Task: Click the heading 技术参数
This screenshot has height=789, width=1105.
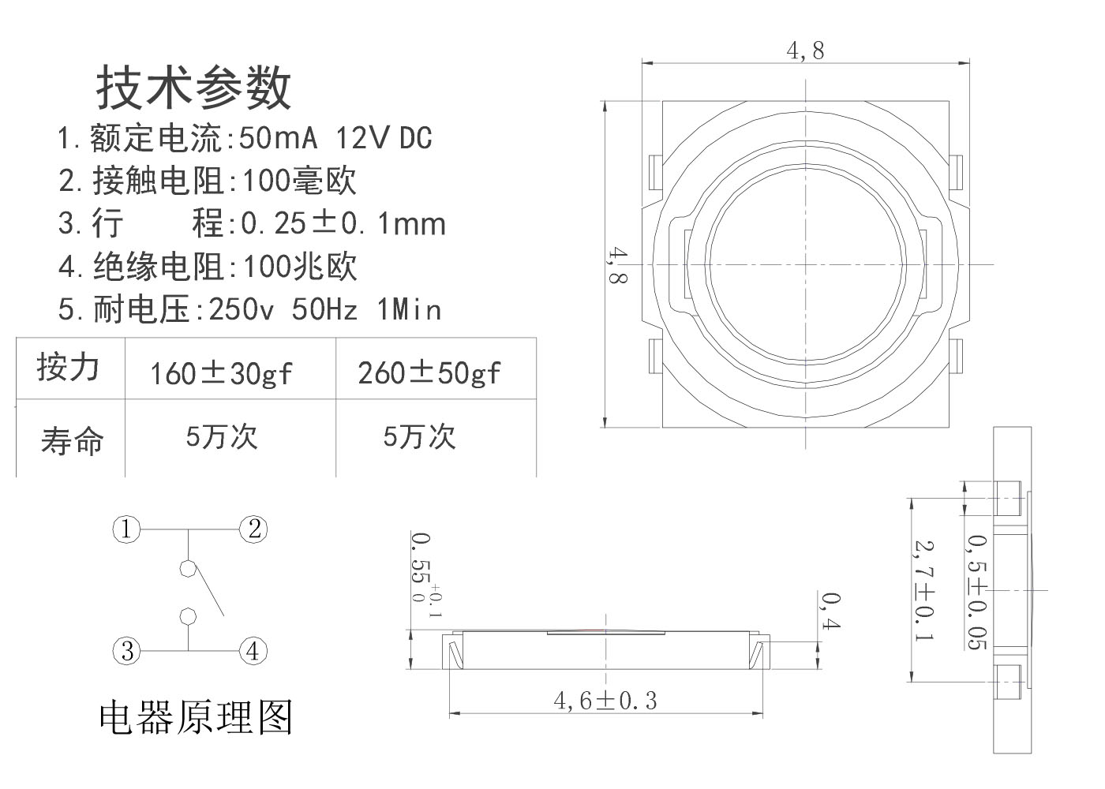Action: tap(194, 87)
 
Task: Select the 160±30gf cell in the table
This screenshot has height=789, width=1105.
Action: tap(221, 372)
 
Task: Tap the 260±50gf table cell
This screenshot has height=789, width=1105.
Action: tap(429, 372)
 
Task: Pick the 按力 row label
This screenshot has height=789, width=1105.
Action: tap(69, 368)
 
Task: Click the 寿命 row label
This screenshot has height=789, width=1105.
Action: tap(72, 440)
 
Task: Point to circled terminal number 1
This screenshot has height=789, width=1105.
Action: tap(126, 529)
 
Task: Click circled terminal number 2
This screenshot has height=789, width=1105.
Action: tap(253, 529)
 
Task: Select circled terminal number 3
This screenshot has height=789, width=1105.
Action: tap(126, 652)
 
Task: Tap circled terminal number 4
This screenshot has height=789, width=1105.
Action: tap(253, 652)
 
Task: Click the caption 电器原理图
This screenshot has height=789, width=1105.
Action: tap(196, 717)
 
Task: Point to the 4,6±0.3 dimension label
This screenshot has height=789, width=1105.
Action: tap(605, 700)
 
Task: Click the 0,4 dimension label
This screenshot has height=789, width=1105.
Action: tap(830, 611)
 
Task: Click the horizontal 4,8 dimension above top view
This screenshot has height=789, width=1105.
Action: tap(805, 51)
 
